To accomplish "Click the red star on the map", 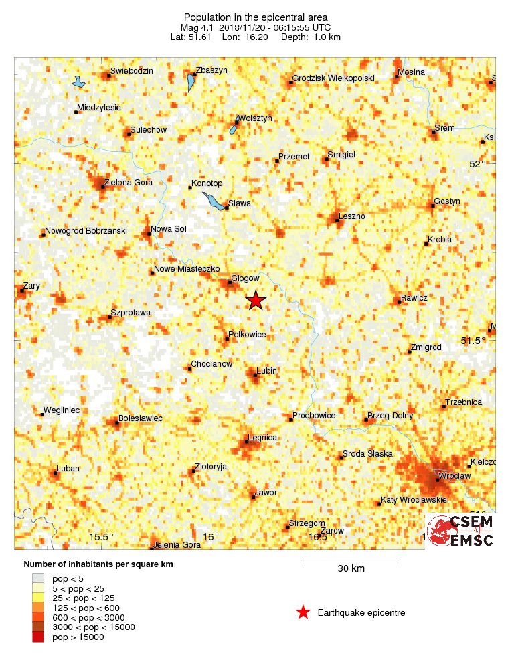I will (256, 301).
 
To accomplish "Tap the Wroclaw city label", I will (456, 475).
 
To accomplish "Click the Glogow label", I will (244, 278).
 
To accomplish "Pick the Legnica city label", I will (262, 438).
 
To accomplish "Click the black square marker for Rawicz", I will (400, 302).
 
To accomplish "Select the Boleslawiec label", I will (141, 418).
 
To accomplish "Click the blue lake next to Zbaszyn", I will (191, 83).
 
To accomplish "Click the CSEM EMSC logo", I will (460, 531).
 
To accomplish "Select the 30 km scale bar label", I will (351, 569).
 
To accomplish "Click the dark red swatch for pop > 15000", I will (38, 637).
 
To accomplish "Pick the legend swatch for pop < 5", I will (38, 578).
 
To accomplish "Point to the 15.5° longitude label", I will (102, 536).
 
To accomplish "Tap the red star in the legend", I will (303, 612).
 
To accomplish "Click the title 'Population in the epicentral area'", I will (256, 17).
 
